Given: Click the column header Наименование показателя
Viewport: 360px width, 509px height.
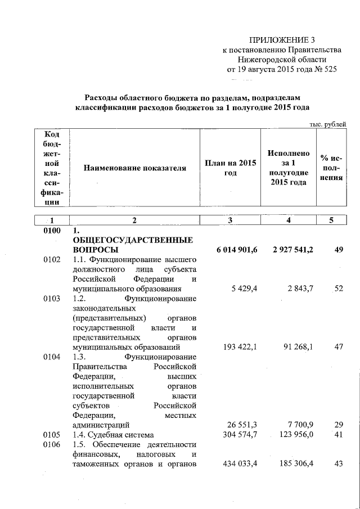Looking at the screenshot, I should (134, 168).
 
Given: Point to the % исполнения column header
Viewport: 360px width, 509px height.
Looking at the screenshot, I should (331, 168).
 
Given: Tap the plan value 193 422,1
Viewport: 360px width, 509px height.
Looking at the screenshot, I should (238, 348).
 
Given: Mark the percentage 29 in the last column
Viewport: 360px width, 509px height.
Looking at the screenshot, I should (338, 425).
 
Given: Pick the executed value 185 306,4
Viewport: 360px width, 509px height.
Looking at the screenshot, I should (292, 464).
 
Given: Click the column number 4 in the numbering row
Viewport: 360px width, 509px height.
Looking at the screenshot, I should (287, 221).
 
